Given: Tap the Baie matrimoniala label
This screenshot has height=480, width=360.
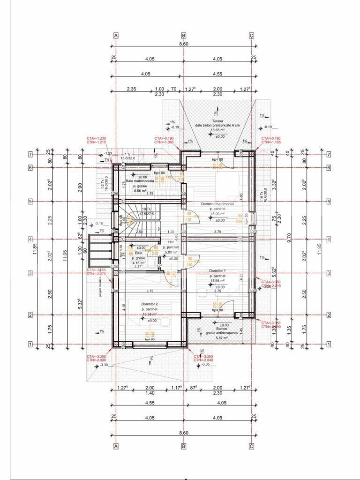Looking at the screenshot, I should point(141,180).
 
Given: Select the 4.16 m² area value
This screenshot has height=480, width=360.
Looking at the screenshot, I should point(138,263).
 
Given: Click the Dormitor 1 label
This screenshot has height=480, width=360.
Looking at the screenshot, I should point(217,271).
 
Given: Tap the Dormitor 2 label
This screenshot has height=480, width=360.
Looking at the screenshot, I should point(150,304).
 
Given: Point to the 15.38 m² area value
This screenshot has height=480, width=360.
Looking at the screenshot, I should point(150,315).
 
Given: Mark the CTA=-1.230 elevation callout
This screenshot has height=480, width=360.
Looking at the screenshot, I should point(96,138).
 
